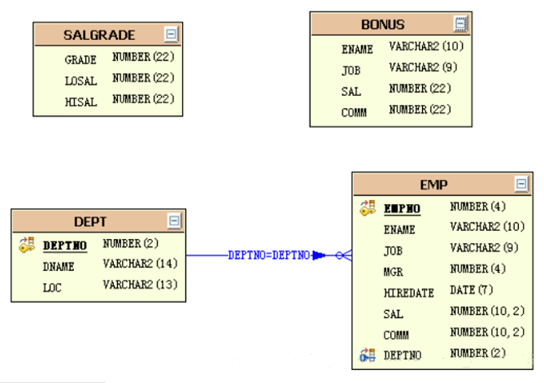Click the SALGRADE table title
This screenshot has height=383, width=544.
point(99,35)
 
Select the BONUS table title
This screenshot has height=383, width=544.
point(383,24)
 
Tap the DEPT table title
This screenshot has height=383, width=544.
point(90,221)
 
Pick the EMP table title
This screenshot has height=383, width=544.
point(433,185)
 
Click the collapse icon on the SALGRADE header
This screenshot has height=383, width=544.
point(171,34)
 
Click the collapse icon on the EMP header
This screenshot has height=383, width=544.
point(521,184)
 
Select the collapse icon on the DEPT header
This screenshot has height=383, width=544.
point(174,220)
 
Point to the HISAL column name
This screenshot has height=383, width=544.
point(81,102)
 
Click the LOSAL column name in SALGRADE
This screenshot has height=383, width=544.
point(81,81)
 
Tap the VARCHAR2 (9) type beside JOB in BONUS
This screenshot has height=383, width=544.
point(423,67)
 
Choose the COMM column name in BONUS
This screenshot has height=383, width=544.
point(354,113)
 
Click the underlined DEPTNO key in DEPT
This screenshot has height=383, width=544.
point(65,245)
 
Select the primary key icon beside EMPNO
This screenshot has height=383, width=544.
point(368,208)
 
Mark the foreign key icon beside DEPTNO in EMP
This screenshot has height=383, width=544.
point(368,355)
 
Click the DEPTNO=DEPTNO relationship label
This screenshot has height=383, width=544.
point(268,255)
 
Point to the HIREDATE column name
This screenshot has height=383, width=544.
point(408,294)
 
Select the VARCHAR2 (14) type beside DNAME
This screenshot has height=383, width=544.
point(140,264)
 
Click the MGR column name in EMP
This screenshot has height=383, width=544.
point(393,272)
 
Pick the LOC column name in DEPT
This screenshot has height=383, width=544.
point(52,288)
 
